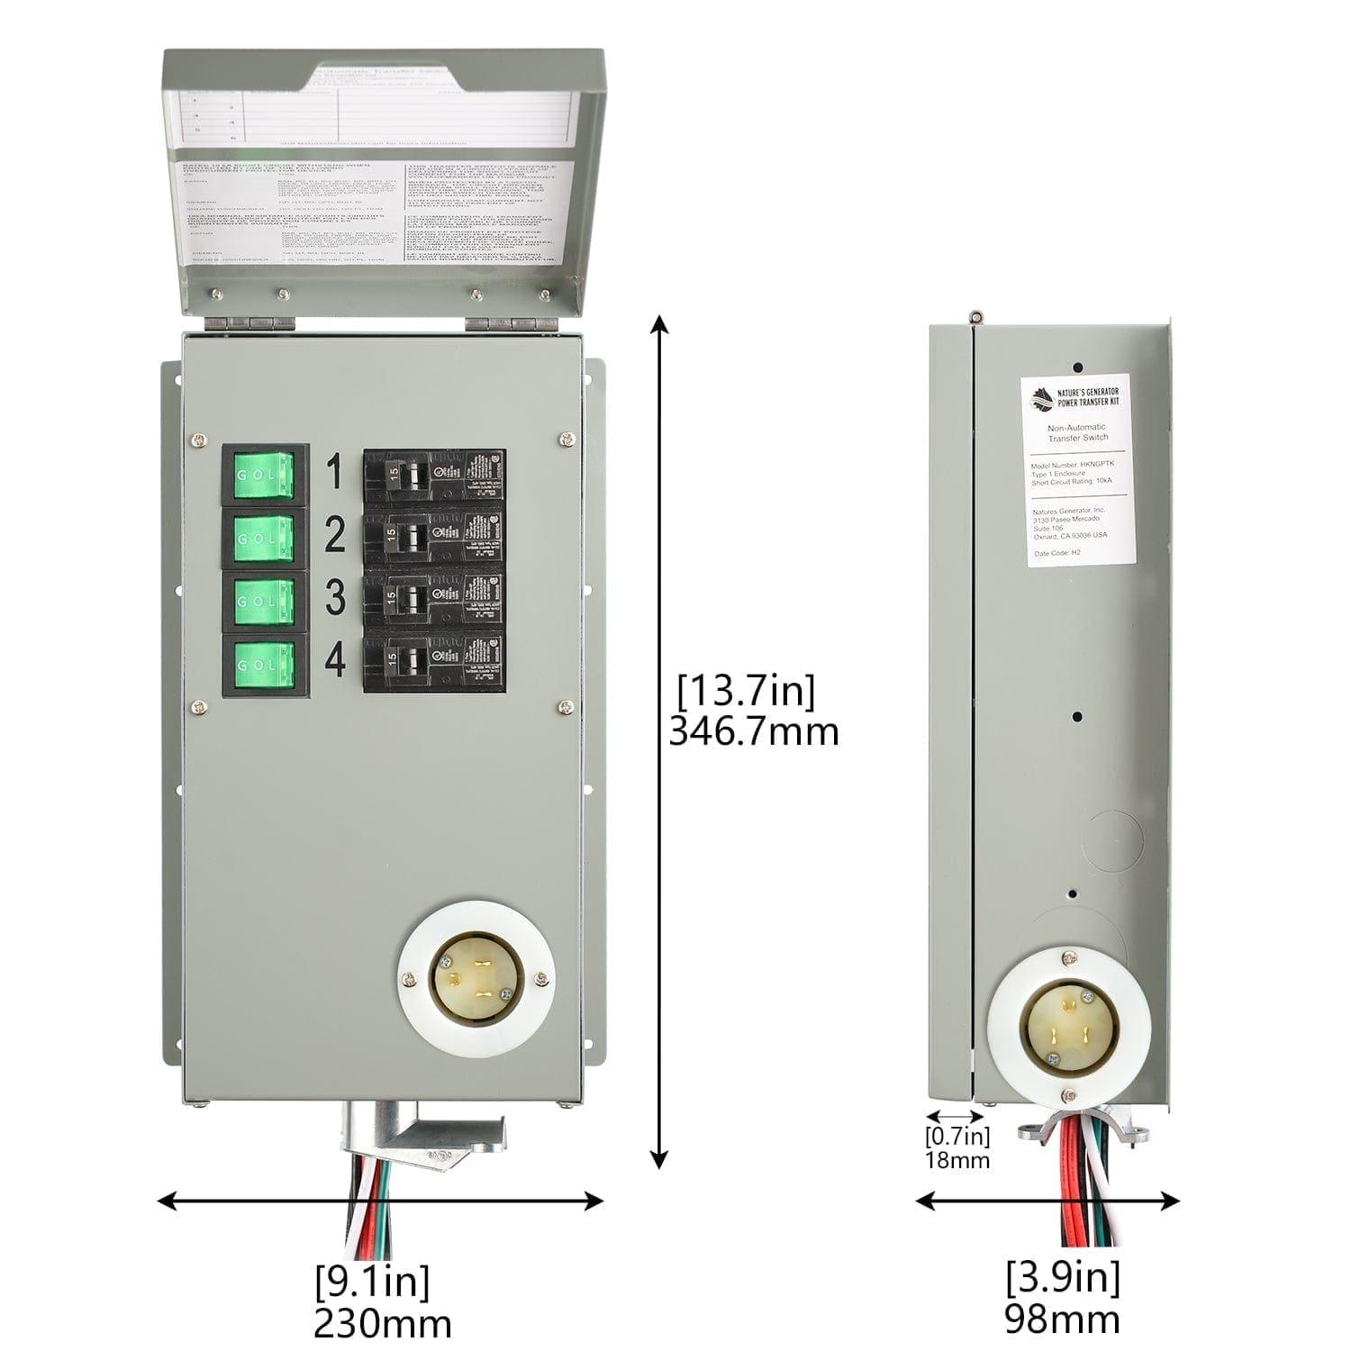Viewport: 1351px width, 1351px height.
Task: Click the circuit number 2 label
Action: [x=334, y=536]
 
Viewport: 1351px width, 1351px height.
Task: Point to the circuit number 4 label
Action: [x=334, y=662]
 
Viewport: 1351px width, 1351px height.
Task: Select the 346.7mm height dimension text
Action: [x=753, y=731]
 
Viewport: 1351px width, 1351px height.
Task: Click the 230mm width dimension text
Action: [x=382, y=1323]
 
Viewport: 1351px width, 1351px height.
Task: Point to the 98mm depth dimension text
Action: [x=1062, y=1319]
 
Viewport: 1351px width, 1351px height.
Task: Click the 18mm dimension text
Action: [x=957, y=1160]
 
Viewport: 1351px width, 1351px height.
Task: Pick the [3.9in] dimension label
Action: [x=1063, y=1276]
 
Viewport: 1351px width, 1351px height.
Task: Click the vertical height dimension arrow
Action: [x=661, y=739]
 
